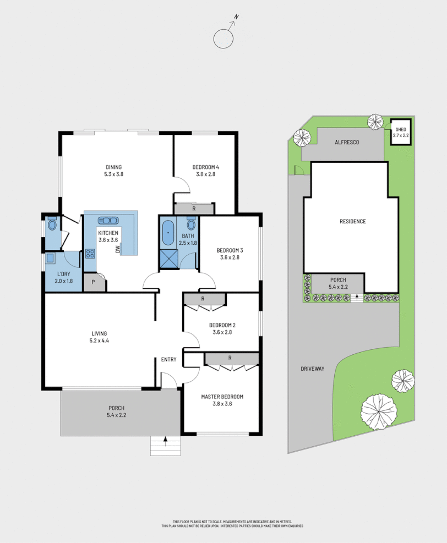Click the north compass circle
click(224, 39)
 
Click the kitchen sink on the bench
click(108, 221)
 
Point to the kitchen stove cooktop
click(90, 254)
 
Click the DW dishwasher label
click(118, 249)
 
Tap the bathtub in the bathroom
click(168, 233)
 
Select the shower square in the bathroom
click(168, 258)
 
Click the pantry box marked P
click(94, 282)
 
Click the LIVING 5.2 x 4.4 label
click(99, 337)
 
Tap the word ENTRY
click(168, 360)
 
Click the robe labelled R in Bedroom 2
click(204, 299)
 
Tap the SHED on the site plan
click(400, 132)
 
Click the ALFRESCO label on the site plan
click(347, 142)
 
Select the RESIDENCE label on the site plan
click(352, 221)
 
